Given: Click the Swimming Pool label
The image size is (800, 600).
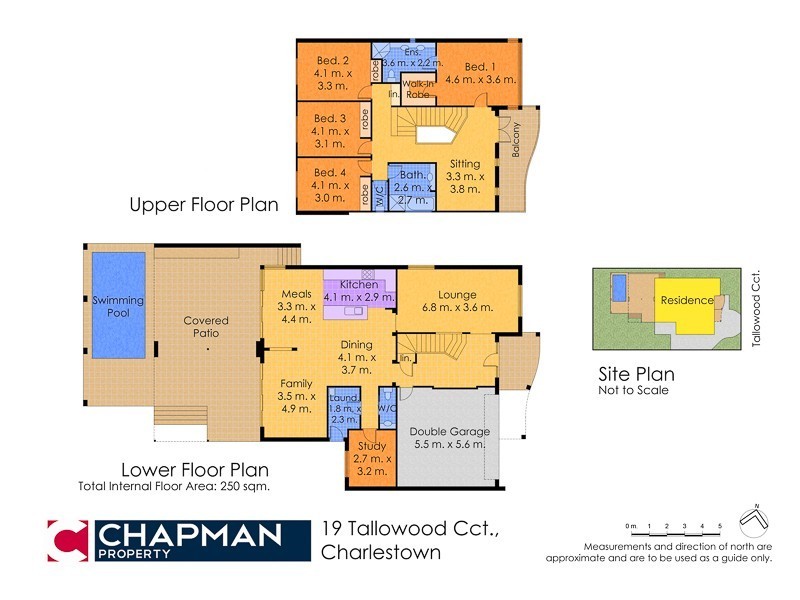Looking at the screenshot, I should pos(118,305).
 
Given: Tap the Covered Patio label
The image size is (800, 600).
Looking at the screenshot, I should pos(206,327).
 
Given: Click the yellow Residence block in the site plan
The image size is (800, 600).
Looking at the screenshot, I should pos(687,300).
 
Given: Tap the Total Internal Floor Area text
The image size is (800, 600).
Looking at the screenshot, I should pos(174,487).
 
